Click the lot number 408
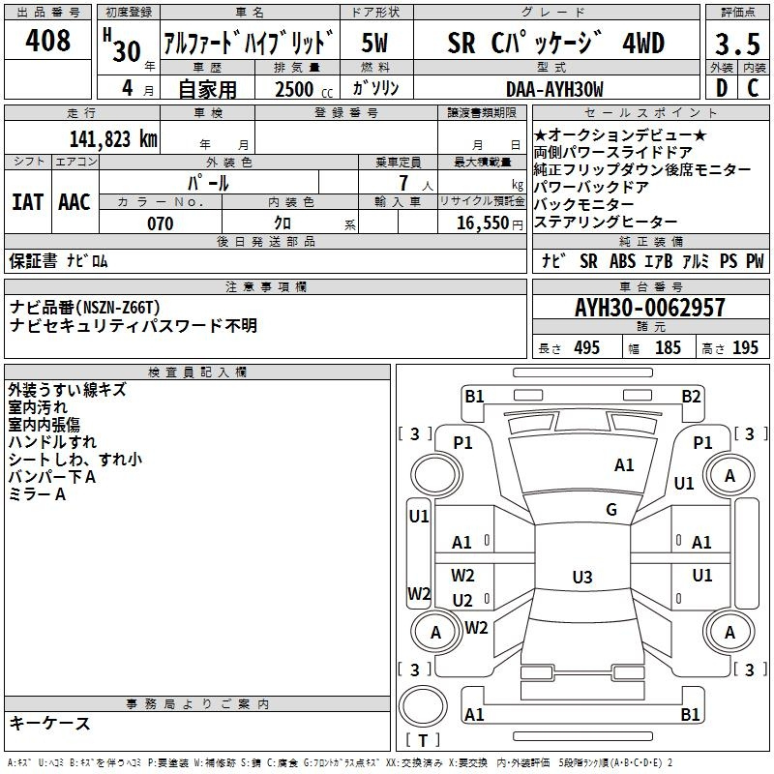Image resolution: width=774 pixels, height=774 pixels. point(47,40)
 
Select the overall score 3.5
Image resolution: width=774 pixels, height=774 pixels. point(737,44)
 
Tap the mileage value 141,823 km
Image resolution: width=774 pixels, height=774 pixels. point(113,138)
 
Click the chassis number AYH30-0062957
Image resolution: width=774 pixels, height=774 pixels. point(650,307)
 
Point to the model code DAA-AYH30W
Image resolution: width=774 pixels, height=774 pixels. point(554,89)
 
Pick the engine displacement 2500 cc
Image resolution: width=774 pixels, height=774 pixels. point(304,89)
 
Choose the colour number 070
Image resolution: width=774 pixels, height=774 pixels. point(161,223)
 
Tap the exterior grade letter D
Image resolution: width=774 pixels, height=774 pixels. point(722,88)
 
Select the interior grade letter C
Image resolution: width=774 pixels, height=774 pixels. point(753,88)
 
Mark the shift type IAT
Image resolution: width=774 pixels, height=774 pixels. point(28,202)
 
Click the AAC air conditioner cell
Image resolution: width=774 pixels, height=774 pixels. point(74,202)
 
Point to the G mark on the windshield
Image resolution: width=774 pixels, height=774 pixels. point(611,509)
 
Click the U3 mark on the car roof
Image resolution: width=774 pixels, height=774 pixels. point(582,577)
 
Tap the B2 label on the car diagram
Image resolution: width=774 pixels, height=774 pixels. point(691,396)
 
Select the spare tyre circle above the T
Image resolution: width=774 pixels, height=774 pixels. point(423,706)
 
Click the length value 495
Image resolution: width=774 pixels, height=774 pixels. point(586,347)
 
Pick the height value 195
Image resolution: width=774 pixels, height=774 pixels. point(745,347)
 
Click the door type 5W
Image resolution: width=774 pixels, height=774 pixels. point(374,43)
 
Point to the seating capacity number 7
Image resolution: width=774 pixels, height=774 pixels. point(403,183)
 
